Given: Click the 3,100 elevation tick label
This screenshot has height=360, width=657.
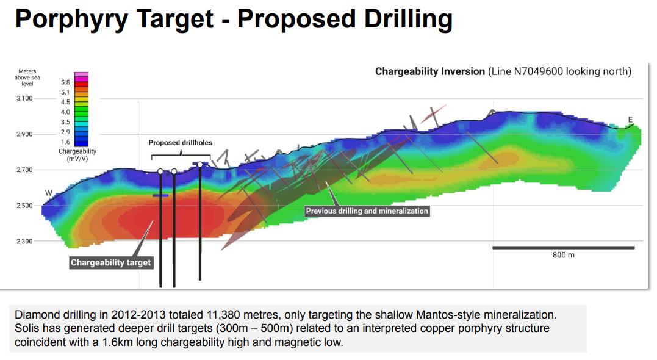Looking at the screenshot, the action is (x=24, y=98).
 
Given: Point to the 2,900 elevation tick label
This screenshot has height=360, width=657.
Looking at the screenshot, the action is (x=24, y=134).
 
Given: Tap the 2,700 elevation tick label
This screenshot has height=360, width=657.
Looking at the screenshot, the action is (x=24, y=170).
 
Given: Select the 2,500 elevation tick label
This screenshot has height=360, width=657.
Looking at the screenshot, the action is (x=24, y=206).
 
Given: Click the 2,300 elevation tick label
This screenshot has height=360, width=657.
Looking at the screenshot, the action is (x=24, y=242).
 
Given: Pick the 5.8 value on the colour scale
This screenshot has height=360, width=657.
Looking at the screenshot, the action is (x=65, y=82).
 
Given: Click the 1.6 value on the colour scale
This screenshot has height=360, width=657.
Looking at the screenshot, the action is (x=65, y=142).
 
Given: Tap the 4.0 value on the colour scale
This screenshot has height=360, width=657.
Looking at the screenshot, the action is (x=65, y=112).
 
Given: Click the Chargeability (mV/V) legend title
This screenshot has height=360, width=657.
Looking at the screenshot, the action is (x=77, y=155).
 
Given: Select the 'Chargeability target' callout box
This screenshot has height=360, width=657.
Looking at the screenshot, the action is (x=110, y=263).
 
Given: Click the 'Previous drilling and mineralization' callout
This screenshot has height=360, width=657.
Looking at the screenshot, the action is (x=367, y=211).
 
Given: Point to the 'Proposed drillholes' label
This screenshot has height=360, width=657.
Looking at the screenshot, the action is (x=180, y=143).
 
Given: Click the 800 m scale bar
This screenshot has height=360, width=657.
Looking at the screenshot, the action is (x=564, y=248).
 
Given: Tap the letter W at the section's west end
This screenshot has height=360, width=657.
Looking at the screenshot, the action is (x=49, y=193).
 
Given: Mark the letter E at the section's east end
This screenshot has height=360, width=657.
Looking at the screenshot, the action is (x=630, y=120).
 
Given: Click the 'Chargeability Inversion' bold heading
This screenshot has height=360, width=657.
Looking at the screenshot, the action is (x=430, y=71).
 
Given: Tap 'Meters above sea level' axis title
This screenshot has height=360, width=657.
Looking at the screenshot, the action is (x=27, y=77).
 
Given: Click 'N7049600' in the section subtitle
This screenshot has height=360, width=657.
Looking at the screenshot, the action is (x=539, y=71).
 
